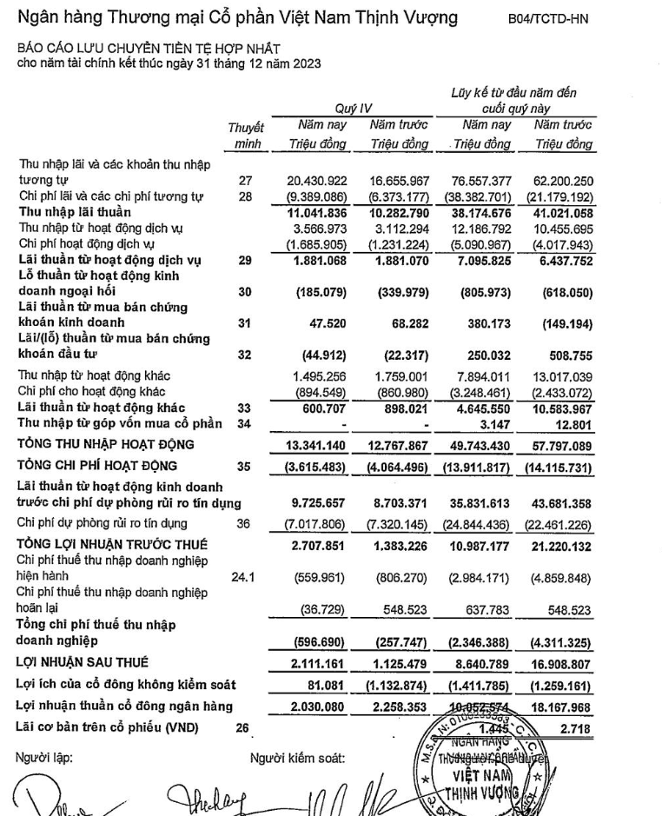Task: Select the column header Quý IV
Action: tap(354, 109)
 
